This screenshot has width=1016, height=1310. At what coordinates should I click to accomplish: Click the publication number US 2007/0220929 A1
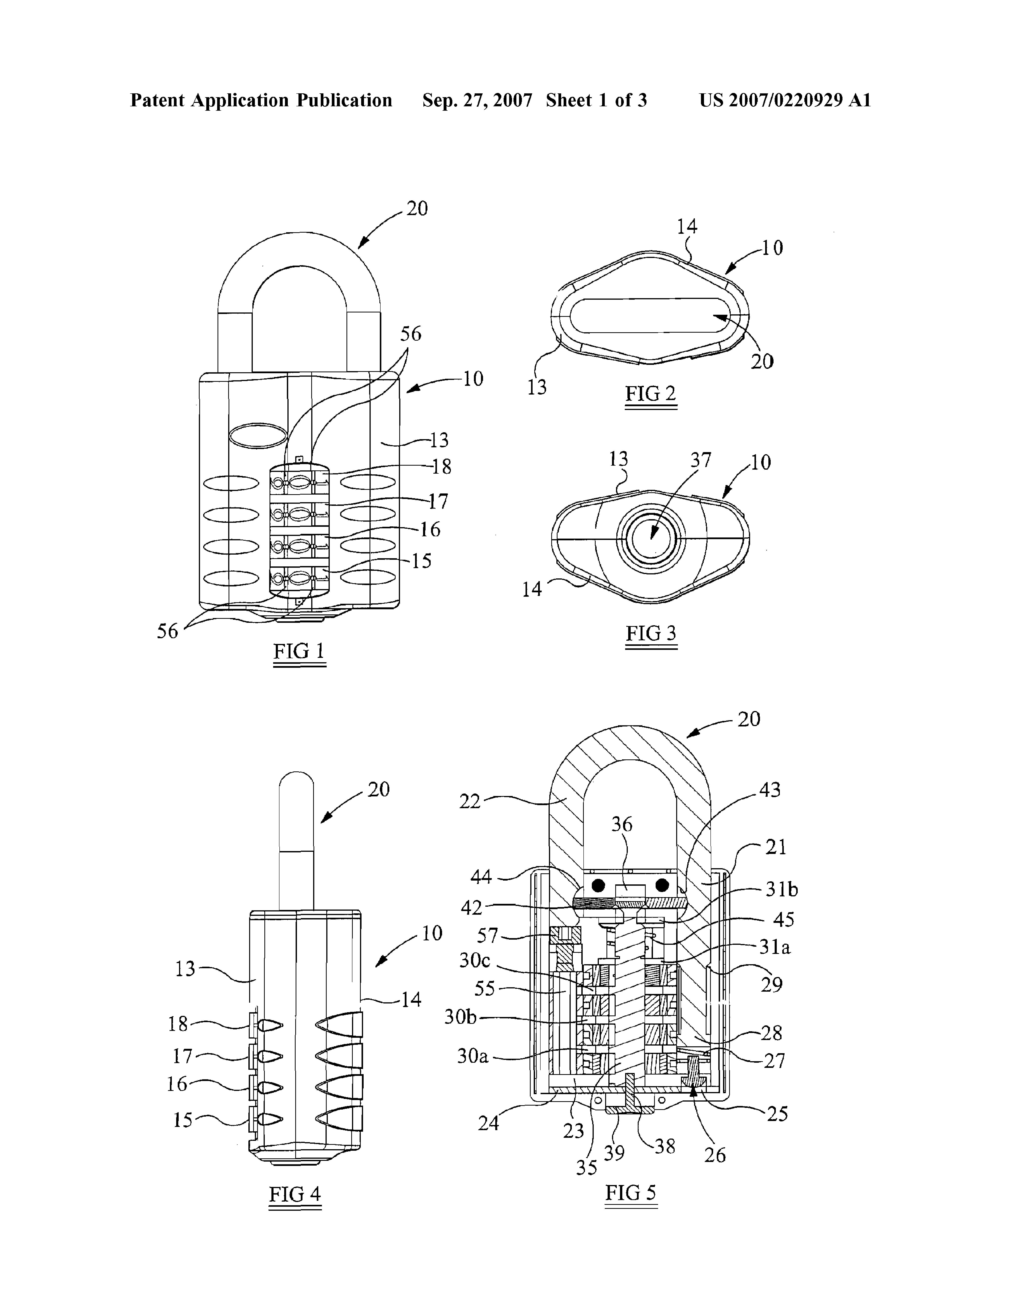(785, 100)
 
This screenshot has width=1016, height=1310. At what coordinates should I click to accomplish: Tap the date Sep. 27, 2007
(477, 100)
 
